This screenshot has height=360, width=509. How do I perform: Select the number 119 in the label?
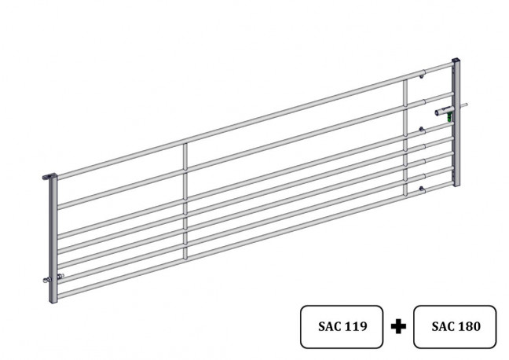click(356, 326)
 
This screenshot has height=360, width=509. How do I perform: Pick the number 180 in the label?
click(470, 326)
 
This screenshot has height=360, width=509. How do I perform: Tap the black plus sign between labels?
click(398, 326)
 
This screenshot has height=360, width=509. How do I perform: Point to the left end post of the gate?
click(53, 239)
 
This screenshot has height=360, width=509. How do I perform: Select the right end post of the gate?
click(456, 123)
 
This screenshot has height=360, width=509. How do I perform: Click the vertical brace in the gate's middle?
click(185, 201)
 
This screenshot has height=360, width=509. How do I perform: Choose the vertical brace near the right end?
click(405, 138)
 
